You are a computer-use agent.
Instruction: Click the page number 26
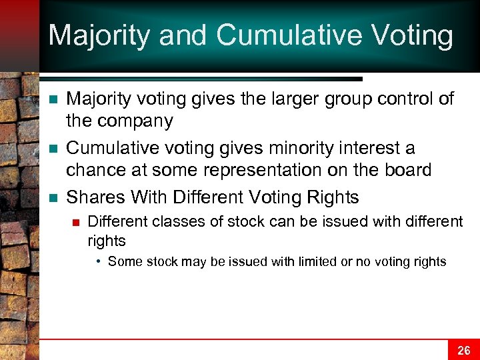click(x=463, y=350)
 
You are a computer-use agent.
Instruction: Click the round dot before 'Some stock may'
click(x=99, y=261)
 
